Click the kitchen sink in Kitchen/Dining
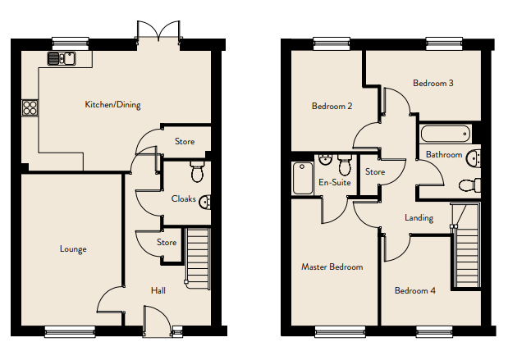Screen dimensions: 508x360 [x=62, y=58]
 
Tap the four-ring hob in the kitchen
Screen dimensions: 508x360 [x=30, y=107]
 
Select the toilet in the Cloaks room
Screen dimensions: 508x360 [x=197, y=171]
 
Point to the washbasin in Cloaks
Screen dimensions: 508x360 [x=205, y=203]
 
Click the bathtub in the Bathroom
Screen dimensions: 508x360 [x=445, y=134]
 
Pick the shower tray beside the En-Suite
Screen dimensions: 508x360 [x=303, y=179]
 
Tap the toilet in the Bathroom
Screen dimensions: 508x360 [x=469, y=185]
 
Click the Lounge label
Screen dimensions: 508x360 [x=73, y=249]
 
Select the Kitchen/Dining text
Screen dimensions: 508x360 [x=112, y=105]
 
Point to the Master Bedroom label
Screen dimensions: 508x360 [x=332, y=267]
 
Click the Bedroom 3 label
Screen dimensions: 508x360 [x=433, y=83]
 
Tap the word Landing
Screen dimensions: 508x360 [x=419, y=217]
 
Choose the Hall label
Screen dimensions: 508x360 [x=158, y=290]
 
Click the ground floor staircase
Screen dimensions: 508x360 [x=197, y=258]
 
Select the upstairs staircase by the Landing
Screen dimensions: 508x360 [x=465, y=245]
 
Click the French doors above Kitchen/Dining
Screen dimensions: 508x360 [x=158, y=31]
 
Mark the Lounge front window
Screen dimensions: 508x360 [x=70, y=331]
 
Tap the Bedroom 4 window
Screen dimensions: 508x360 [x=434, y=331]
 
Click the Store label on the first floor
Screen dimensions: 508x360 [x=375, y=171]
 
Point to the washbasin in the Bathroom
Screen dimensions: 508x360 [x=474, y=158]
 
